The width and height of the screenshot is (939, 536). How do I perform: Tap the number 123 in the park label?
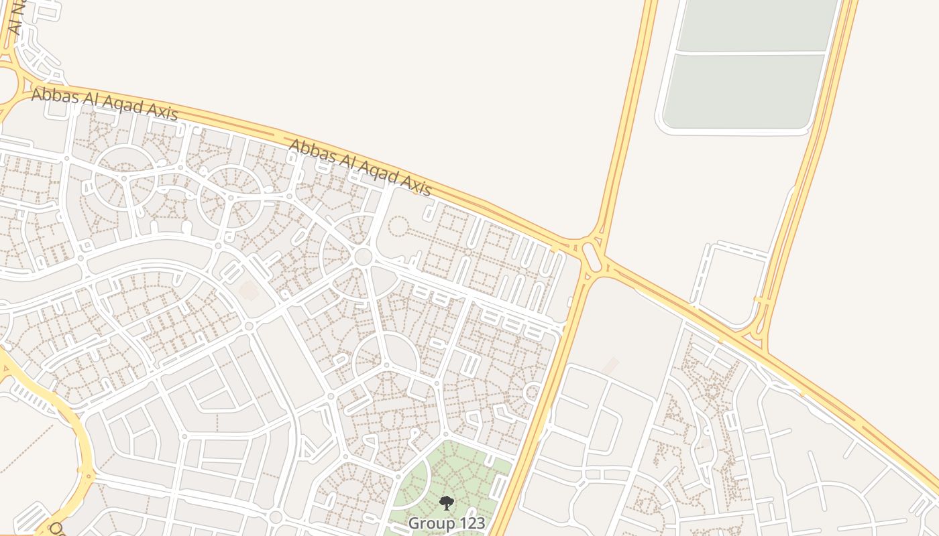(469, 523)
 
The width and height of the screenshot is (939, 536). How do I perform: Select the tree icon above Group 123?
(447, 503)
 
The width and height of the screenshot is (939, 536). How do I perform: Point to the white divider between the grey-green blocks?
(751, 52)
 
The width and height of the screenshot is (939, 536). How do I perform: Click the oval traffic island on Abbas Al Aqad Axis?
(592, 257)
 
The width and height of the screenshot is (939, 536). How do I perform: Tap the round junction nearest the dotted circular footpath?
(363, 255)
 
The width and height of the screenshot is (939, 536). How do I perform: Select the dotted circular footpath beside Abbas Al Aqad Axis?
(398, 226)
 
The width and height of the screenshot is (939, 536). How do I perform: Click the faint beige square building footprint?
(249, 291)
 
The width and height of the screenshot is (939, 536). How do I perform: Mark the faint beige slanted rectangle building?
(610, 366)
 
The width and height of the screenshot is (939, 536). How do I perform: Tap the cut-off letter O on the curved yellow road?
(56, 529)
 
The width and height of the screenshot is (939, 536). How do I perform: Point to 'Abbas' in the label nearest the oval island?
(312, 152)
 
